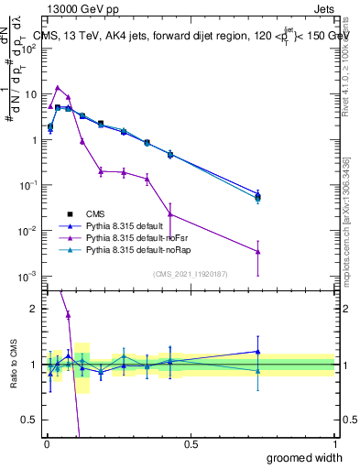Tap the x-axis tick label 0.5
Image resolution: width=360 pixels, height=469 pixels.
pyautogui.click(x=191, y=444)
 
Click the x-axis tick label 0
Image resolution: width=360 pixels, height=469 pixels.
pyautogui.click(x=46, y=444)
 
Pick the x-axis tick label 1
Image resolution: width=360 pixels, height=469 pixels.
pyautogui.click(x=334, y=444)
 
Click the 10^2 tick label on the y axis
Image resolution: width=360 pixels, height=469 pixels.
pyautogui.click(x=29, y=49)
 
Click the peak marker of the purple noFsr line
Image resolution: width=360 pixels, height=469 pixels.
pyautogui.click(x=58, y=88)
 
